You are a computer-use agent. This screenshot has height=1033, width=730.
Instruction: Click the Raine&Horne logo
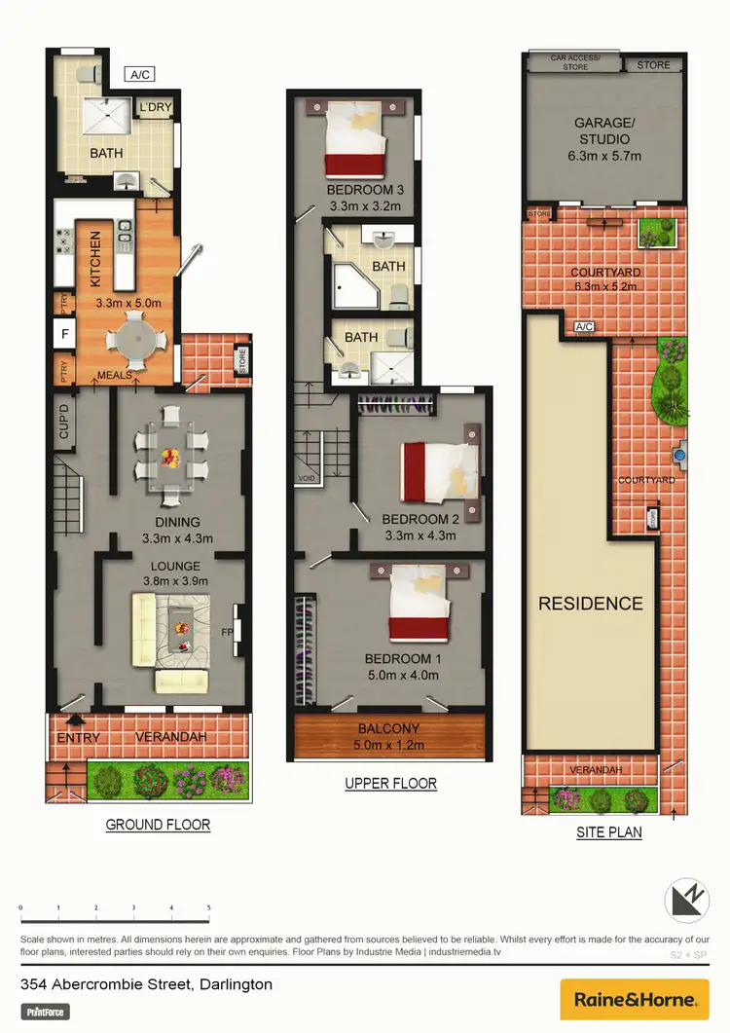[635, 1000]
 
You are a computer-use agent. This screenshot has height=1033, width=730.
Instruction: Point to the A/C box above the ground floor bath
[140, 74]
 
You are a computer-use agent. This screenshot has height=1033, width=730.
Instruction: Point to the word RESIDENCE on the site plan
[591, 604]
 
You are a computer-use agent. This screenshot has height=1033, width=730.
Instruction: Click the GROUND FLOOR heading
[158, 825]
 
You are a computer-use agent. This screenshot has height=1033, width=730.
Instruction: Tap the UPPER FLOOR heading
[390, 784]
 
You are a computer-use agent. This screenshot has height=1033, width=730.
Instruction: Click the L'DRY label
[155, 107]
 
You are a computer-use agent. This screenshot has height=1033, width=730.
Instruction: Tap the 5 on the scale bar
[209, 907]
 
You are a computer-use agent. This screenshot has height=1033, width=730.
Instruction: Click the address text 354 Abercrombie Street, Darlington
[146, 984]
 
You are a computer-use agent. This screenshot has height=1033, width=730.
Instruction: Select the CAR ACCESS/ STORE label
[576, 62]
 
